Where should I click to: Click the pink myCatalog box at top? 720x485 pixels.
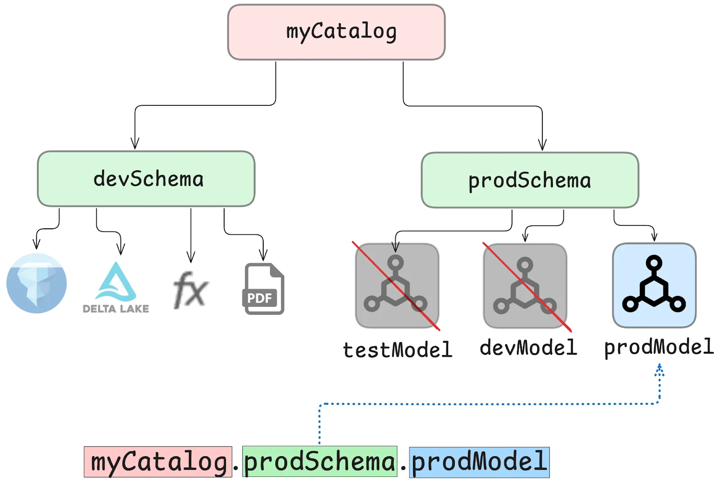pyautogui.click(x=336, y=32)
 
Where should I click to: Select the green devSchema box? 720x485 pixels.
pyautogui.click(x=146, y=179)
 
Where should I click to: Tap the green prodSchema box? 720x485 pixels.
pyautogui.click(x=530, y=180)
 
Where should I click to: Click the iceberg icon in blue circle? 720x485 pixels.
pyautogui.click(x=36, y=283)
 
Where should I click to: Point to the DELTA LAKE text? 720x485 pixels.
pyautogui.click(x=116, y=309)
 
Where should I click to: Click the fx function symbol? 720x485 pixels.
pyautogui.click(x=190, y=290)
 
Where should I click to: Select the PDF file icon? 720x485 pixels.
pyautogui.click(x=264, y=289)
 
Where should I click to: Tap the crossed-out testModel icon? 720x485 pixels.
pyautogui.click(x=396, y=286)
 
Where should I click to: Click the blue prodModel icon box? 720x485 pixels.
pyautogui.click(x=654, y=286)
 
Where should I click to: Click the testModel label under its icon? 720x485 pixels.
pyautogui.click(x=397, y=350)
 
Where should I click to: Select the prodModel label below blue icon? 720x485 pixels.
pyautogui.click(x=659, y=347)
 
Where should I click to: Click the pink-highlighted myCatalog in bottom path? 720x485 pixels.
pyautogui.click(x=158, y=462)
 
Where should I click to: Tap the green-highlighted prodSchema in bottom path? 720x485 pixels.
pyautogui.click(x=319, y=462)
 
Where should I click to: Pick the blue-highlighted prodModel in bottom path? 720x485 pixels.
pyautogui.click(x=479, y=462)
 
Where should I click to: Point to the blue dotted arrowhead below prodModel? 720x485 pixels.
pyautogui.click(x=659, y=370)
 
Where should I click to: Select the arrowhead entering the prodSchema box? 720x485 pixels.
pyautogui.click(x=542, y=145)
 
